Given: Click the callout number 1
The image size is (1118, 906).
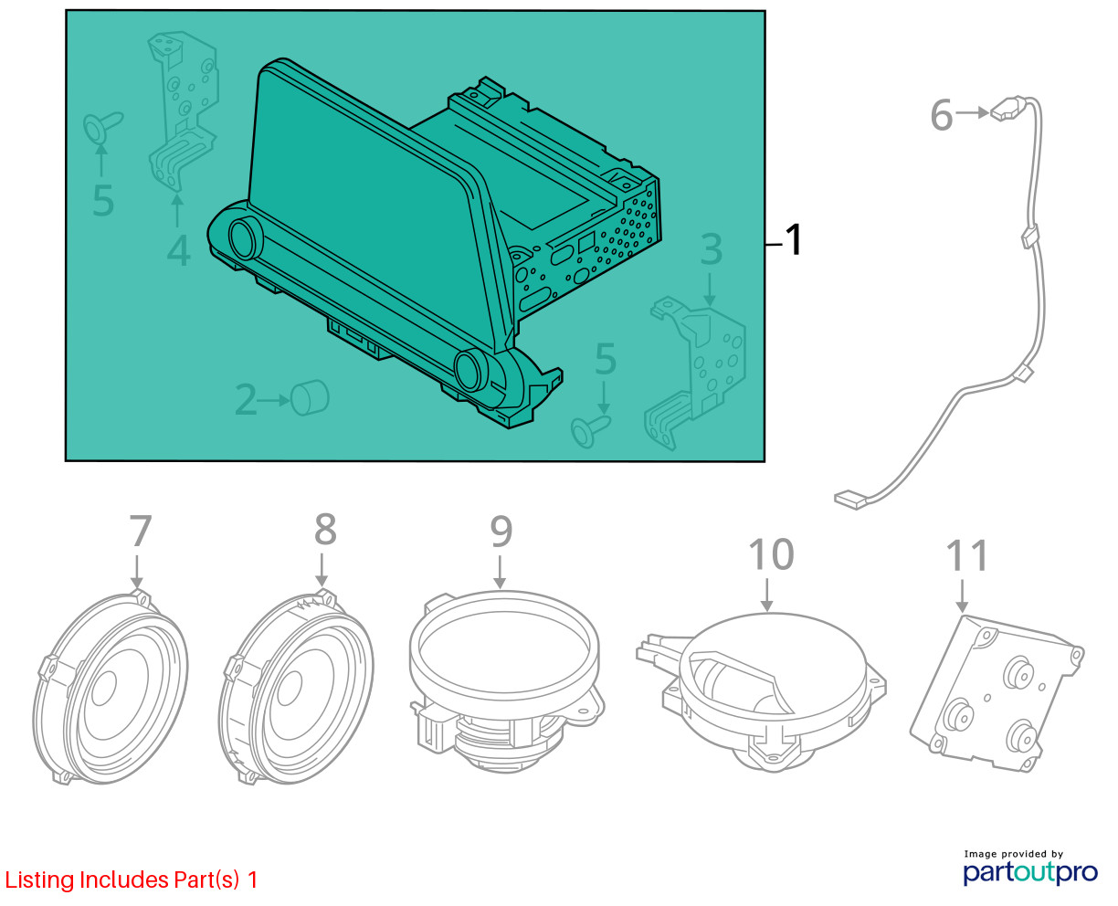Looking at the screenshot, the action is pyautogui.click(x=793, y=240).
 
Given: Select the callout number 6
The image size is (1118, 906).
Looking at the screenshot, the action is pyautogui.click(x=941, y=115).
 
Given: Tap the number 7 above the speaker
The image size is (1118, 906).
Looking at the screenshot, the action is pyautogui.click(x=141, y=531).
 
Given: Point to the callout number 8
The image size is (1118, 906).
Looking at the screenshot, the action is pyautogui.click(x=325, y=529).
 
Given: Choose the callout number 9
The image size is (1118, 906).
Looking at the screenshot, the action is pyautogui.click(x=501, y=532).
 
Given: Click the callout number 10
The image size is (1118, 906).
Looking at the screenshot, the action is pyautogui.click(x=771, y=554).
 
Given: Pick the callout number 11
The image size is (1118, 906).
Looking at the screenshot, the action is pyautogui.click(x=967, y=556).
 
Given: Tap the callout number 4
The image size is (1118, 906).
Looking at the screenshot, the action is pyautogui.click(x=178, y=251).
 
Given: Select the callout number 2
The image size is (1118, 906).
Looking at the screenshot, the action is pyautogui.click(x=246, y=400).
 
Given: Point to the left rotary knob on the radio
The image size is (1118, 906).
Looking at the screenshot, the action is pyautogui.click(x=242, y=239).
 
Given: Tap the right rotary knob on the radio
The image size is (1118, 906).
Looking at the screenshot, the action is pyautogui.click(x=469, y=370).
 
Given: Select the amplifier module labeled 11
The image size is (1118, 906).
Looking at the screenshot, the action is pyautogui.click(x=996, y=693).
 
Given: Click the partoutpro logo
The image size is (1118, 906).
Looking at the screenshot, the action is pyautogui.click(x=1030, y=872).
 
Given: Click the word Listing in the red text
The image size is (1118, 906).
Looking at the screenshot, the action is pyautogui.click(x=39, y=880).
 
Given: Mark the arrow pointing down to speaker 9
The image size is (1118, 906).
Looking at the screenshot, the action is pyautogui.click(x=501, y=573).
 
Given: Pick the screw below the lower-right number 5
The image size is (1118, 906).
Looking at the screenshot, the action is pyautogui.click(x=589, y=430).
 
